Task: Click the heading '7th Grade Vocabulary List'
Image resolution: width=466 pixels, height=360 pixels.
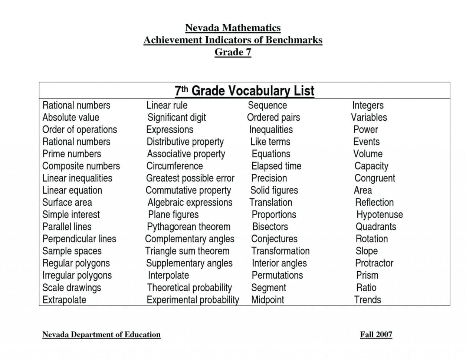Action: point(244,91)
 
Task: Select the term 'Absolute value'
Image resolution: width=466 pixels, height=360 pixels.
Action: point(70,117)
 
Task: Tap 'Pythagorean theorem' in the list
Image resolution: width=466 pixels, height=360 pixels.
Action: point(188,226)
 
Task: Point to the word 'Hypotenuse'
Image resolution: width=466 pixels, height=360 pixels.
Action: point(379,215)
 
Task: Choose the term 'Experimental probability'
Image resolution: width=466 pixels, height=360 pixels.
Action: point(193,300)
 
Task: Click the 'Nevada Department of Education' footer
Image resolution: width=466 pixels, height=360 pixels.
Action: point(101,334)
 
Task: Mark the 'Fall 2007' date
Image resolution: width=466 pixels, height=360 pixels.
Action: point(376,334)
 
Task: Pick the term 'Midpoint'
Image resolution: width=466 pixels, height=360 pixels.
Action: point(268,300)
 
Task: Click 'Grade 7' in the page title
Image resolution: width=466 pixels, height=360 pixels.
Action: point(233,52)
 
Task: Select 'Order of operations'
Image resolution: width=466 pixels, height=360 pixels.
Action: point(79,130)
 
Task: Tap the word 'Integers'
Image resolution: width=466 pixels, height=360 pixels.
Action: point(368,105)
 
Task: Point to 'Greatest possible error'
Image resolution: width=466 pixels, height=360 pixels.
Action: point(190,178)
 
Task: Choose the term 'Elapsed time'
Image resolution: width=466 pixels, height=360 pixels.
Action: point(276,166)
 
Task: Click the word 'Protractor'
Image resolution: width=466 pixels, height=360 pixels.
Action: point(374,263)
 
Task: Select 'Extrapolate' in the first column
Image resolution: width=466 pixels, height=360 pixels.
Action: point(64,300)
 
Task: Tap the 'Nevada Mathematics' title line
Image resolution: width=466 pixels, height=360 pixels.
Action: point(233,28)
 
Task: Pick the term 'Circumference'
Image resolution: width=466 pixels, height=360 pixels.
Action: point(174,166)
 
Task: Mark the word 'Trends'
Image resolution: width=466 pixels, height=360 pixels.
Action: point(367,300)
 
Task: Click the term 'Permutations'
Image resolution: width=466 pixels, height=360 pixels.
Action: point(277,275)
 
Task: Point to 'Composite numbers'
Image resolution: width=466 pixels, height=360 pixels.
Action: point(81,166)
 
